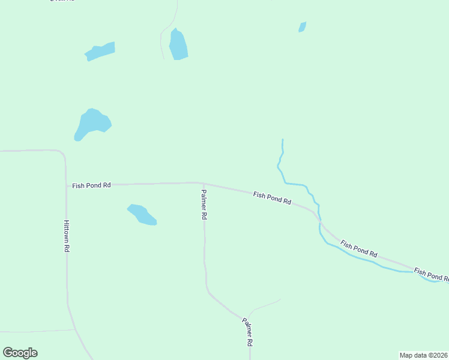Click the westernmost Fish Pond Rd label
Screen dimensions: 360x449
[x=91, y=186]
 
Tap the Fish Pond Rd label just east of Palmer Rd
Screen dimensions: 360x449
[x=272, y=199]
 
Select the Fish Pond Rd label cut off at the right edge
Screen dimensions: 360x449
[x=431, y=275]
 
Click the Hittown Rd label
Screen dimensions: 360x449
[x=67, y=235]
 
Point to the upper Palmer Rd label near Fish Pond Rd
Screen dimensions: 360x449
[x=204, y=205]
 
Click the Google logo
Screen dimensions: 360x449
[x=20, y=353]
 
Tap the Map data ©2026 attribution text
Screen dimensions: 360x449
[x=423, y=355]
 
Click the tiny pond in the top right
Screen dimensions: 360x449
[x=303, y=27]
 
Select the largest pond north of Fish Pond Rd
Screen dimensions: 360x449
[x=91, y=123]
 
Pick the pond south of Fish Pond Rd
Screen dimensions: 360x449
[x=142, y=214]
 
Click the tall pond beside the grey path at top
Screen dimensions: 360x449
[x=178, y=45]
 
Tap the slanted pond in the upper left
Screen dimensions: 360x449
[x=100, y=51]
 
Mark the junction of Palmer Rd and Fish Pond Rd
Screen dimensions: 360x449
[x=203, y=184]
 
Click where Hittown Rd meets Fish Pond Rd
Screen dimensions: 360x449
[x=66, y=185]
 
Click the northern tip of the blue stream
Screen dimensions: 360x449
[x=282, y=140]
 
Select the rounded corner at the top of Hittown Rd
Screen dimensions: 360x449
[x=62, y=154]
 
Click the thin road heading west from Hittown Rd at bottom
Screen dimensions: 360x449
[x=36, y=331]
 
